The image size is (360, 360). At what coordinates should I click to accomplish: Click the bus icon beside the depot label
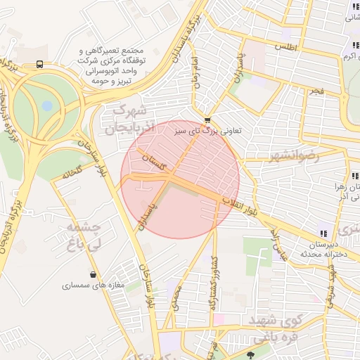(x=39, y=64)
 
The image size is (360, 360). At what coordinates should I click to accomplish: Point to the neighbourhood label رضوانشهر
(x=294, y=156)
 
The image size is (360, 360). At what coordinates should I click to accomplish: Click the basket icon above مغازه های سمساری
(x=94, y=274)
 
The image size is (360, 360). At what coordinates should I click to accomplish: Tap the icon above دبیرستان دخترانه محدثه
(x=323, y=233)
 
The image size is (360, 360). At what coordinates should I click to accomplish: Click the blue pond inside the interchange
(x=47, y=106)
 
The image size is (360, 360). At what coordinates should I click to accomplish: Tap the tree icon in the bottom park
(x=252, y=354)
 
